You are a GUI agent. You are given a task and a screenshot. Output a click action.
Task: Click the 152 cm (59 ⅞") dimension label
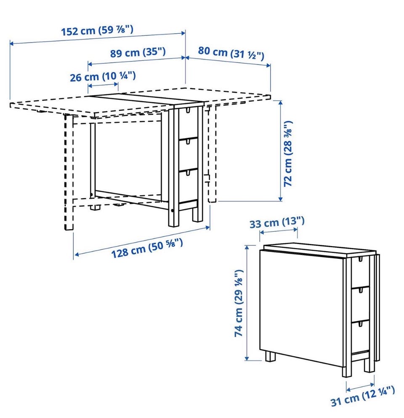(x=97, y=30)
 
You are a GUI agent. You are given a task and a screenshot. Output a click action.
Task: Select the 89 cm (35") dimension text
(x=138, y=52)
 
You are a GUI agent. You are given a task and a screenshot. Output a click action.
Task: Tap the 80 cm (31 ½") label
(x=231, y=53)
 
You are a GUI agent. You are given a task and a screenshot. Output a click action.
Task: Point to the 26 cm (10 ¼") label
(x=103, y=77)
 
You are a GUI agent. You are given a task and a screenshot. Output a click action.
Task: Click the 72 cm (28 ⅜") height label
(x=288, y=154)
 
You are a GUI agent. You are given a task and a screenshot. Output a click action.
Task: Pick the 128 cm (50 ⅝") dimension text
(x=147, y=248)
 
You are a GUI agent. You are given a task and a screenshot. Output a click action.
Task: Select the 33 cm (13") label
(x=277, y=222)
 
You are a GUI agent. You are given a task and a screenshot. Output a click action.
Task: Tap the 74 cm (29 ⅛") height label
(x=239, y=303)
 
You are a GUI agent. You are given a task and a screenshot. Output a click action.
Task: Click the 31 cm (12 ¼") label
(x=362, y=397)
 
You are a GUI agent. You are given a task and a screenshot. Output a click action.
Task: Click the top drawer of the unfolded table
(x=188, y=123)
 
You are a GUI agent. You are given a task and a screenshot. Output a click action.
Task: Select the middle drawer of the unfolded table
(x=188, y=154)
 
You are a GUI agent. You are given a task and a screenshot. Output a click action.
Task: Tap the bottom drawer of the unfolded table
(x=188, y=186)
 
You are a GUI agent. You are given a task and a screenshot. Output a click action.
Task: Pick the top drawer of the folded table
(x=360, y=271)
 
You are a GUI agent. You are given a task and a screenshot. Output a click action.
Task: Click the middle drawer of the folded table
(x=360, y=304)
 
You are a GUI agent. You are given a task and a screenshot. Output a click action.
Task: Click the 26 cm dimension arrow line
(x=103, y=85)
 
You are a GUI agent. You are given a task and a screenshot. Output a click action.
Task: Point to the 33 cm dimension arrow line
(x=279, y=231)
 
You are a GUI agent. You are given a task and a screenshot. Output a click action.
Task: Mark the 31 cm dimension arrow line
(x=360, y=387)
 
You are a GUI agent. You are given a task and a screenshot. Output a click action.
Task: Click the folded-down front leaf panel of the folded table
(x=301, y=307)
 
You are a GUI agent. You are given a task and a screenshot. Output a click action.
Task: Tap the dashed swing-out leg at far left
(x=69, y=172)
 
